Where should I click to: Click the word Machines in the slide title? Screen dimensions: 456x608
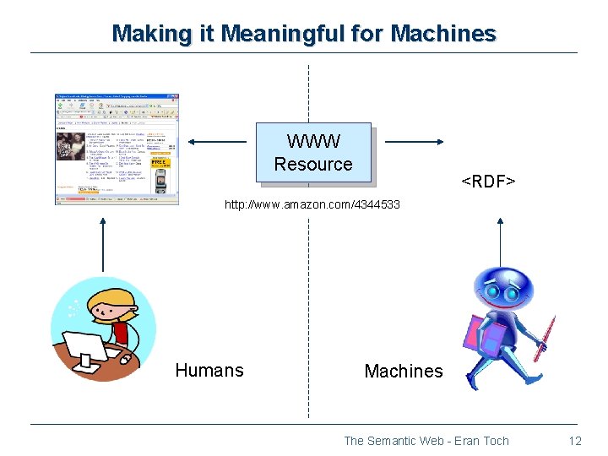click(443, 34)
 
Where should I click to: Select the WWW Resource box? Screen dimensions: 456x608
click(313, 153)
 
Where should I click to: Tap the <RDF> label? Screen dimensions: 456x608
click(487, 182)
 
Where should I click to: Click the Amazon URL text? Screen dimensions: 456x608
click(312, 205)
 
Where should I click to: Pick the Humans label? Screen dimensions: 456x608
click(209, 370)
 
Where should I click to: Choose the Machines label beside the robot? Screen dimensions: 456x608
click(403, 371)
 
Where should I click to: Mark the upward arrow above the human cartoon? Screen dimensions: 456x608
click(103, 245)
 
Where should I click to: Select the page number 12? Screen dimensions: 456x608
click(575, 441)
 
